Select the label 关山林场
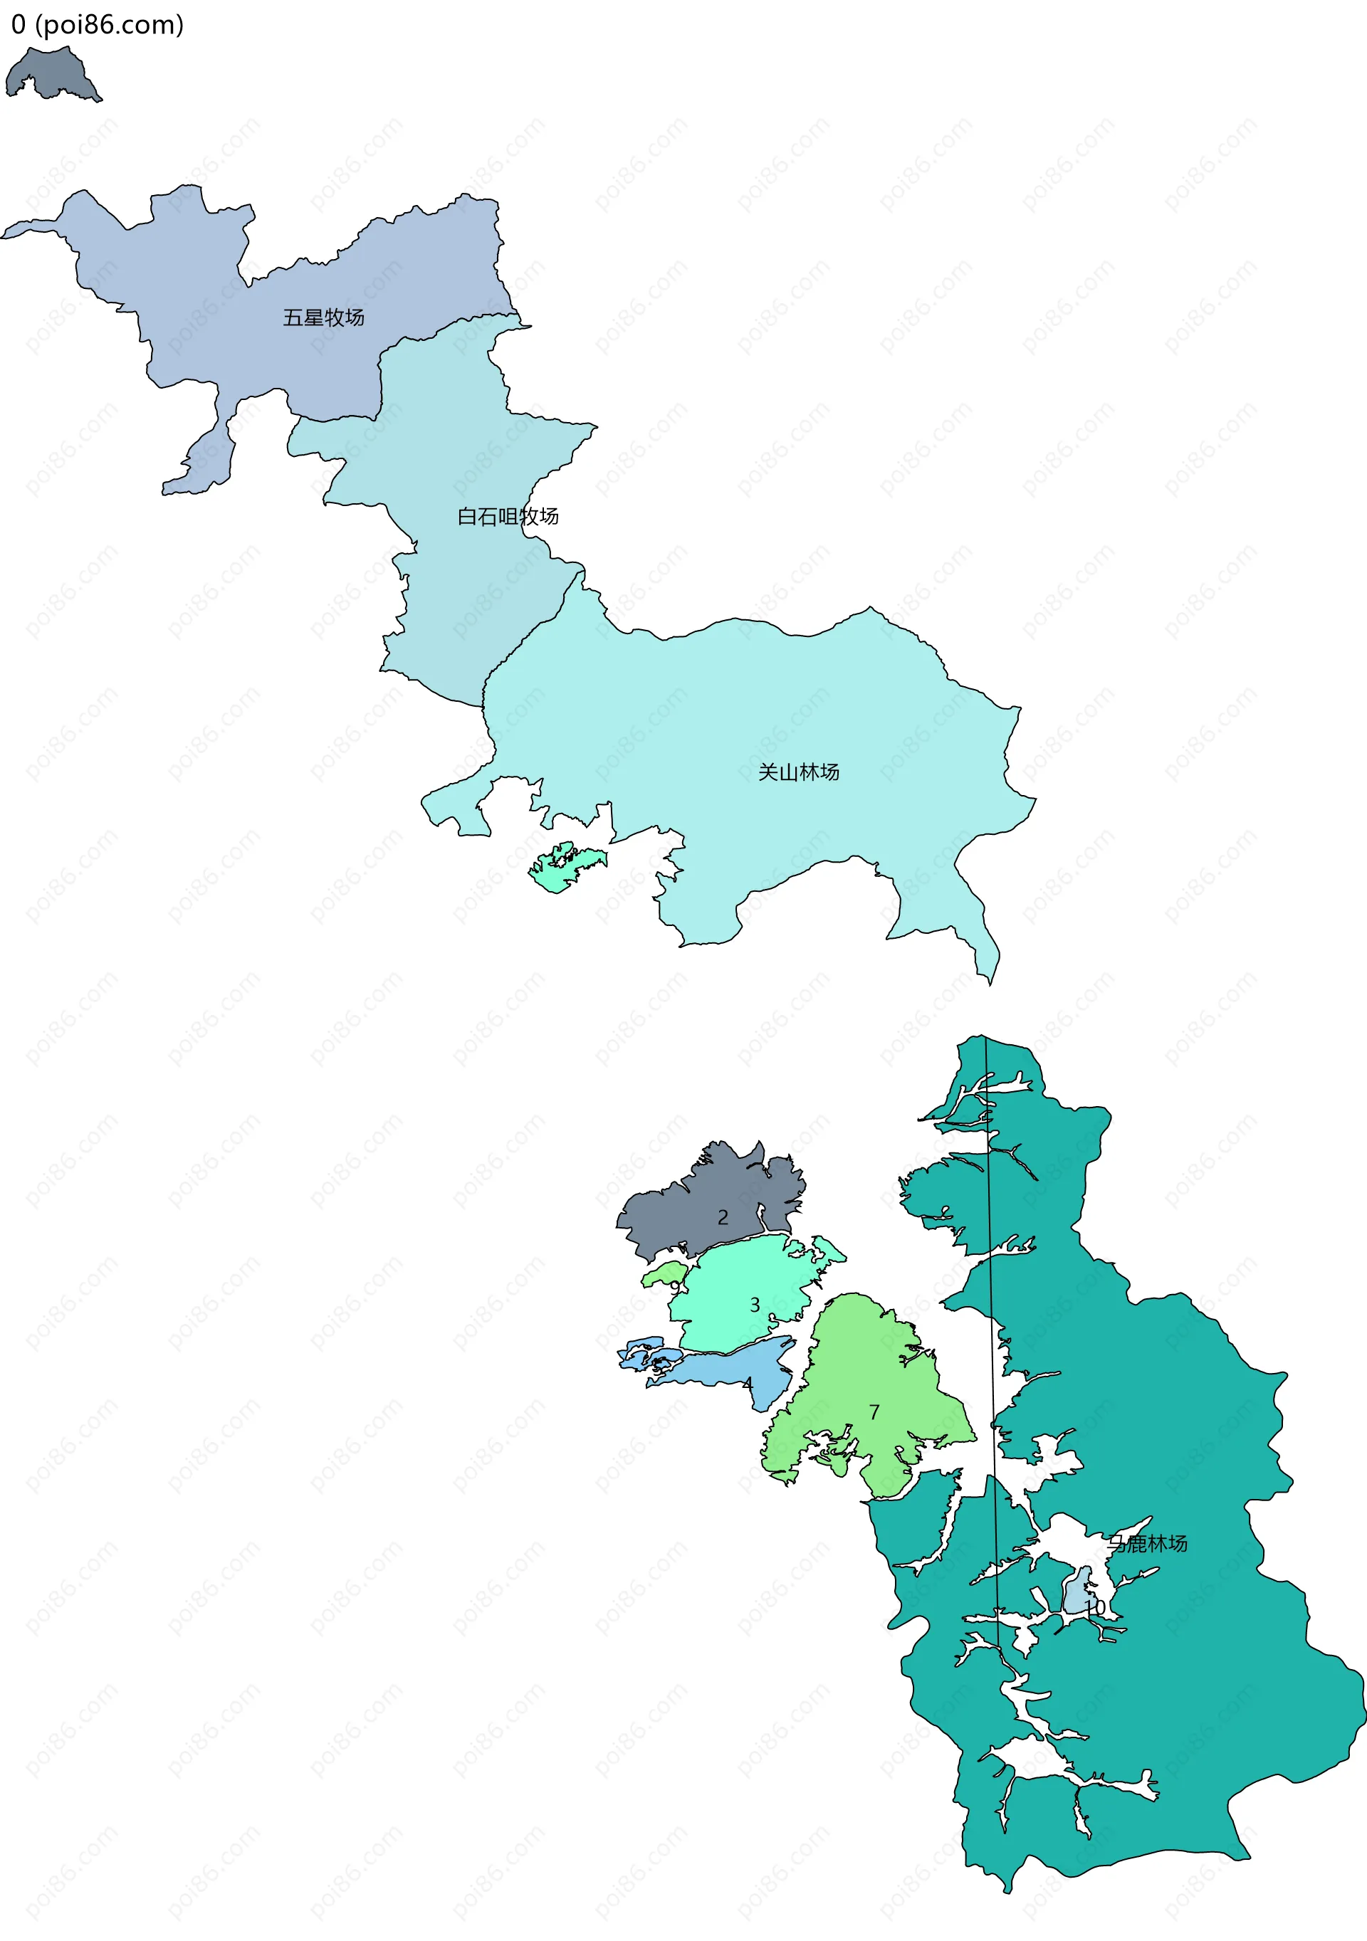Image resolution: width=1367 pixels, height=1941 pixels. pos(798,772)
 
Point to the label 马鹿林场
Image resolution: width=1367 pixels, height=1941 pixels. pos(1147,1544)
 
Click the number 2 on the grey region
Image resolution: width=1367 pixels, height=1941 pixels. pos(723,1217)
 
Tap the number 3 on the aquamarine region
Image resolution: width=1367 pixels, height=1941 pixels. pos(755,1305)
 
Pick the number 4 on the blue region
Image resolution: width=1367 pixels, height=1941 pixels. pos(748,1384)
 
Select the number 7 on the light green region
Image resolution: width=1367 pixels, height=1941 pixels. pos(874,1411)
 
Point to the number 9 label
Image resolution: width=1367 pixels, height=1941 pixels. pos(675,1287)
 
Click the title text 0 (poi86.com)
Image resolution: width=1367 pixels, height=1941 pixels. pos(98,26)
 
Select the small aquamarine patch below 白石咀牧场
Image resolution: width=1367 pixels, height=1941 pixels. pos(562,868)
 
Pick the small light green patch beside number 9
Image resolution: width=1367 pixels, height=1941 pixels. pos(662,1274)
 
